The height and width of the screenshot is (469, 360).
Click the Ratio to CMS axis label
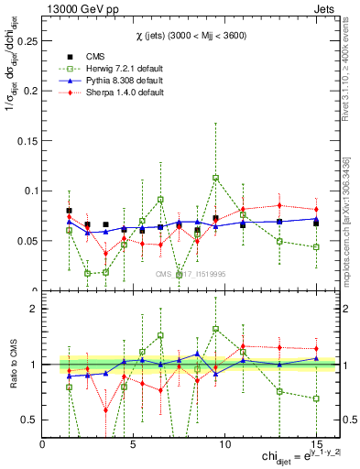(12, 364)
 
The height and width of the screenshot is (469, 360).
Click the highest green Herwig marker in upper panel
(215, 179)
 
